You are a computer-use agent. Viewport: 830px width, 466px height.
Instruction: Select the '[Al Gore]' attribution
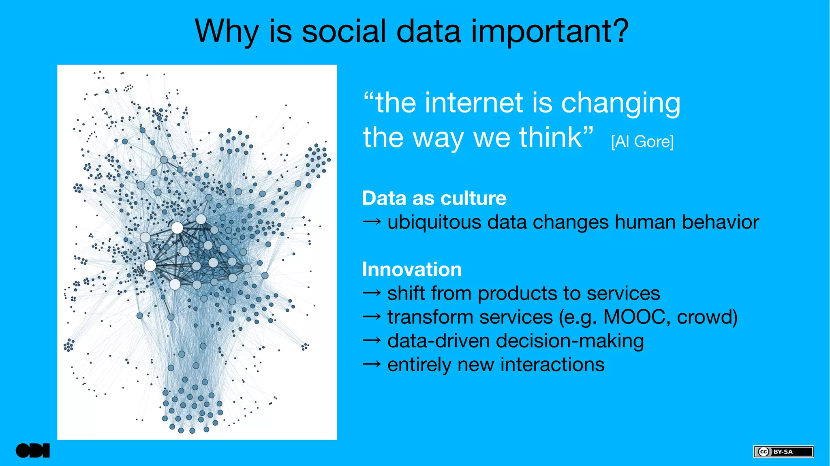coord(642,142)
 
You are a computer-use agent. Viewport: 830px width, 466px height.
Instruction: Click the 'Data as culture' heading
coord(434,198)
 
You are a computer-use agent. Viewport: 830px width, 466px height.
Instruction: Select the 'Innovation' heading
coord(412,270)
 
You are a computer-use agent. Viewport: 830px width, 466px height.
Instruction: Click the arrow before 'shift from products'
coord(371,293)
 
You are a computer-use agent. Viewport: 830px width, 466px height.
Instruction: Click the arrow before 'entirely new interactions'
coord(371,364)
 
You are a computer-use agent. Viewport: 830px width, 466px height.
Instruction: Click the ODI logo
coord(33,451)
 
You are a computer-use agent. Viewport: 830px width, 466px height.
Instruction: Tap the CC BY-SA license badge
coord(783,451)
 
